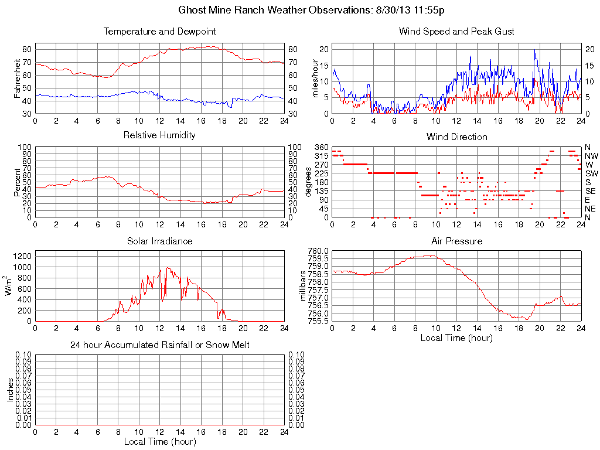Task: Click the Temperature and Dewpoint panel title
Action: (159, 32)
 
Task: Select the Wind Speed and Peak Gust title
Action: (456, 32)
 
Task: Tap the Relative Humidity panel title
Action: (159, 135)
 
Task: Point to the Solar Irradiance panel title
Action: (159, 241)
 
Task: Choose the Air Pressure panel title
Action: (456, 241)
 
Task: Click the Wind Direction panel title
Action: (456, 137)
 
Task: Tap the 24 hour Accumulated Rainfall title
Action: (159, 345)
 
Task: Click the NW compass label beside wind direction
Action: (591, 156)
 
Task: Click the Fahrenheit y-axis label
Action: (17, 78)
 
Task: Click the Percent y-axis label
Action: (17, 182)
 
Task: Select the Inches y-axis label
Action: (10, 390)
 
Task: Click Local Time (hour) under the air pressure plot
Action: (456, 337)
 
